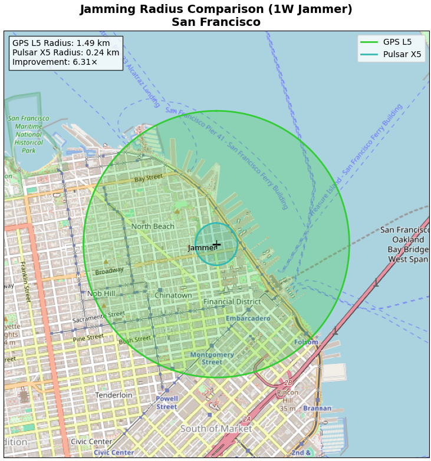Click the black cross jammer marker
pos(216,244)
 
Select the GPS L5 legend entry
pos(390,42)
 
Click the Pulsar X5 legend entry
pos(390,54)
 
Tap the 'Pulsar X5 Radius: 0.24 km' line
pos(65,52)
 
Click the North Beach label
pos(153,227)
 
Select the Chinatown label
pos(173,296)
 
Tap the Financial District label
pos(232,302)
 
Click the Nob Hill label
pos(101,294)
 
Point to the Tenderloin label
pos(114,395)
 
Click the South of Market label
pos(216,429)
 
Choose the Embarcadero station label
pos(248,319)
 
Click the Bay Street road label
pos(148,178)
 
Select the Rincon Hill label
pos(287,396)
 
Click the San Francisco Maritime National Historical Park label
pos(28,134)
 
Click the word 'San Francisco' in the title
pos(216,22)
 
